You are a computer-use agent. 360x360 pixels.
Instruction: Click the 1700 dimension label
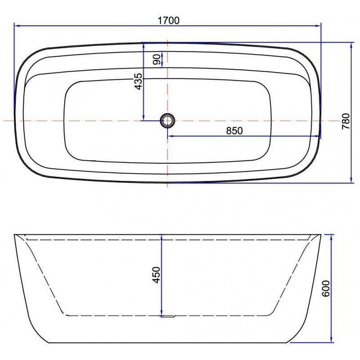(168, 21)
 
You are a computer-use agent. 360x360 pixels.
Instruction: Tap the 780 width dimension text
(346, 121)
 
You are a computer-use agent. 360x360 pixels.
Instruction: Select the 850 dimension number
(234, 130)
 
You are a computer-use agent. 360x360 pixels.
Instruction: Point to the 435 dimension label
(139, 81)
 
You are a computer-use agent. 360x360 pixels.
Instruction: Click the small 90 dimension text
(157, 59)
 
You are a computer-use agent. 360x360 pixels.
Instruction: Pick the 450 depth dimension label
(156, 275)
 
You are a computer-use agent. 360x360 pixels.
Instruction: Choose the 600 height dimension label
(326, 288)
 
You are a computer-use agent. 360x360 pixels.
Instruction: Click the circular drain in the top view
(167, 120)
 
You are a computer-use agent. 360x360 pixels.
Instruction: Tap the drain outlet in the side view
(167, 316)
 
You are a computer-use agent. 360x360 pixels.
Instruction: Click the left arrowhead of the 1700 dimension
(17, 26)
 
